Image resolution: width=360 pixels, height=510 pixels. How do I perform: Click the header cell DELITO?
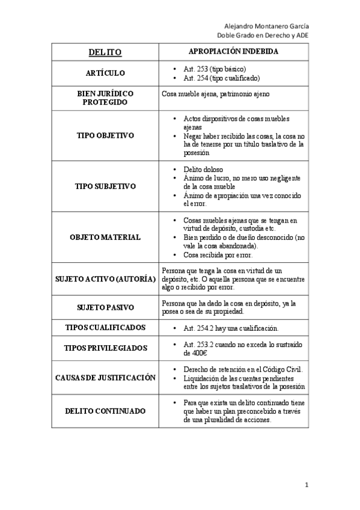pos(105,52)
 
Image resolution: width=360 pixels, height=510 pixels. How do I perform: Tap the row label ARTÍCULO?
pos(105,73)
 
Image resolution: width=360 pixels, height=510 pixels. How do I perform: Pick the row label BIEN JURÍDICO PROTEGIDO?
pos(105,98)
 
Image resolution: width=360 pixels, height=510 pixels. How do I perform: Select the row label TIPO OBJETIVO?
pos(105,135)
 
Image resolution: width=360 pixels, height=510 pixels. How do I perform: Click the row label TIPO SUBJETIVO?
pos(105,186)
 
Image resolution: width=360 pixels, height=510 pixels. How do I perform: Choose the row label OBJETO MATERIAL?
pos(105,237)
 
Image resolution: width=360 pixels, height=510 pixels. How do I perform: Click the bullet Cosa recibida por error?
pos(218,255)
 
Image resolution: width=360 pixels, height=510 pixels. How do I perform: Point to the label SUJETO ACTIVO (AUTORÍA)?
pos(105,279)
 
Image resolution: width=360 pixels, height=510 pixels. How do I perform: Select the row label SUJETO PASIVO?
pos(105,308)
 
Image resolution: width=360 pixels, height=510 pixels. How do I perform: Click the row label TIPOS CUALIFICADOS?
pos(105,328)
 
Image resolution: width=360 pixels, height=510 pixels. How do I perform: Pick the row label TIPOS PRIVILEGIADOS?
pos(105,348)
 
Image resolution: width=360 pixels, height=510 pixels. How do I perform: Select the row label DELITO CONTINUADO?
pos(105,411)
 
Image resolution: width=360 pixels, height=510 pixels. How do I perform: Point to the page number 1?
pos(306,484)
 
